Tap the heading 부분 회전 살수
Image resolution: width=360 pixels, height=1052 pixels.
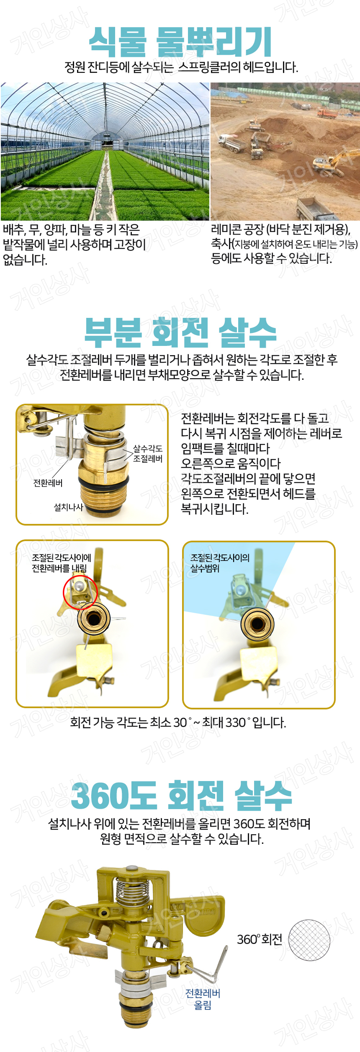180,333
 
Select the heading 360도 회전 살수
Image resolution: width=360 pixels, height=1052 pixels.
181,796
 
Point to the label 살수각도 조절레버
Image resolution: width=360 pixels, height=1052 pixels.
148,454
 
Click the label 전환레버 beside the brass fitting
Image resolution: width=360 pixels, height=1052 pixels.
48,483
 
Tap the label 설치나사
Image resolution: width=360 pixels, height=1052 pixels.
68,507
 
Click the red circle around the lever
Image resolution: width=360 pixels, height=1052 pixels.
80,593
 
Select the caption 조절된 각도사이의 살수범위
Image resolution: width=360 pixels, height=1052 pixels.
220,563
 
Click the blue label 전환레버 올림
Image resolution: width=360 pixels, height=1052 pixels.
203,999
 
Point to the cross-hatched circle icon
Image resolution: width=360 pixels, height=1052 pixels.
309,940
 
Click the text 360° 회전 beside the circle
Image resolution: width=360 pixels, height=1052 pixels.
260,939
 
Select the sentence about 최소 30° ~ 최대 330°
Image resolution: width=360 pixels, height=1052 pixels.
178,722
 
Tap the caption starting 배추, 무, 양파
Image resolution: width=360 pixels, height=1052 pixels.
75,245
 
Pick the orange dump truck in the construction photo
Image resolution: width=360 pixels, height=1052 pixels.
326,113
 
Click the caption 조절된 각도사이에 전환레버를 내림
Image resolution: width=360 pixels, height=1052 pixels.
62,563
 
